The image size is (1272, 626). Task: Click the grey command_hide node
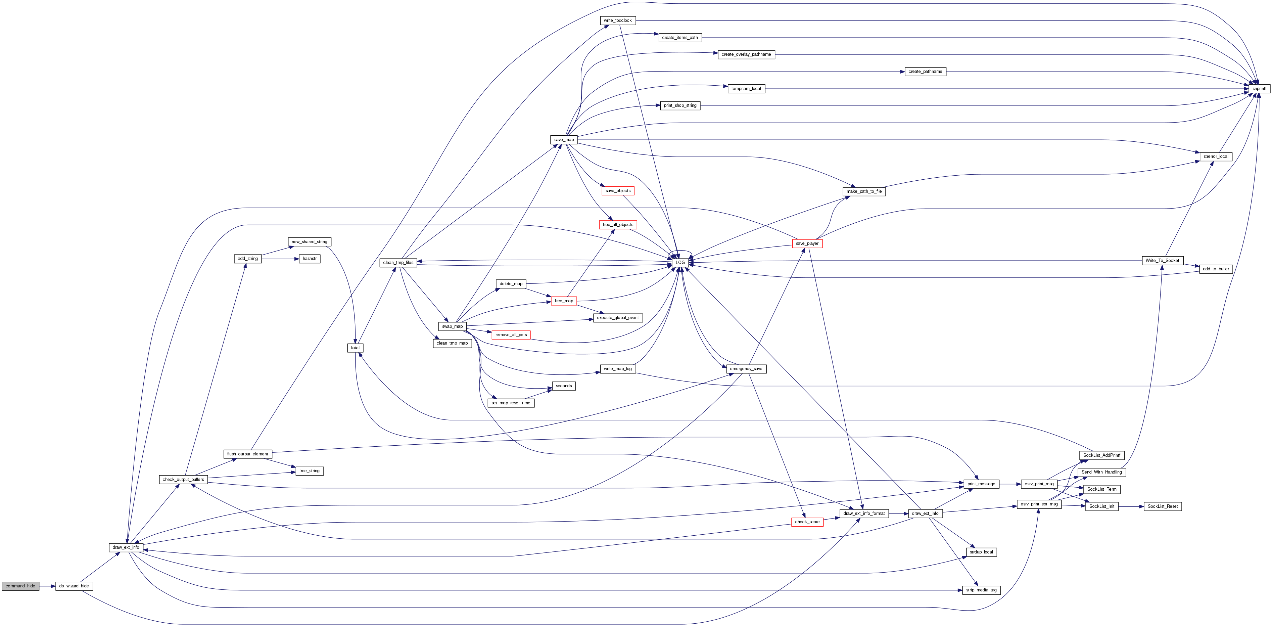click(20, 586)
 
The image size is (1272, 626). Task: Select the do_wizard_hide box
click(74, 586)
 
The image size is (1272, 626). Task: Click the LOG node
click(680, 262)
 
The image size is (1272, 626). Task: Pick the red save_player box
click(807, 243)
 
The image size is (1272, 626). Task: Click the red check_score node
click(807, 522)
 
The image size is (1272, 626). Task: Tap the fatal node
click(355, 348)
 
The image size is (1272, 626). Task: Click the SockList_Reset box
click(1162, 506)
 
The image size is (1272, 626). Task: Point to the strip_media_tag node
click(981, 590)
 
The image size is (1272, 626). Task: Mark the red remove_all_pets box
click(511, 335)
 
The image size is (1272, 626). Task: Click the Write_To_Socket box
click(1162, 260)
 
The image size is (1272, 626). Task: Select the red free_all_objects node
click(618, 225)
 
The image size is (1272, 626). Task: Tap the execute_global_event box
click(617, 318)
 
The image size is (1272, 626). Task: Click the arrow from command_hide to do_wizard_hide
click(47, 586)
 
